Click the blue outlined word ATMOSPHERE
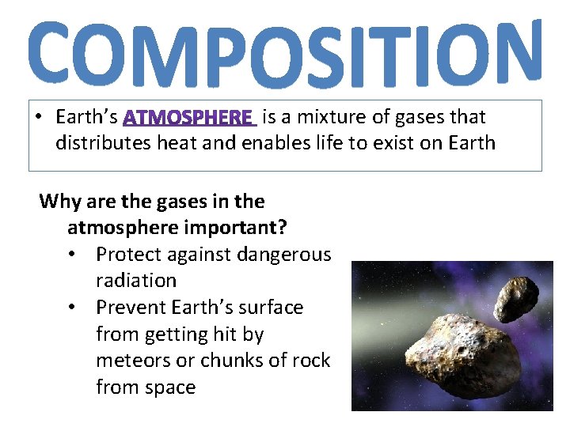[x=189, y=118]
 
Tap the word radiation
[x=135, y=281]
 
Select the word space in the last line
[x=169, y=387]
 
